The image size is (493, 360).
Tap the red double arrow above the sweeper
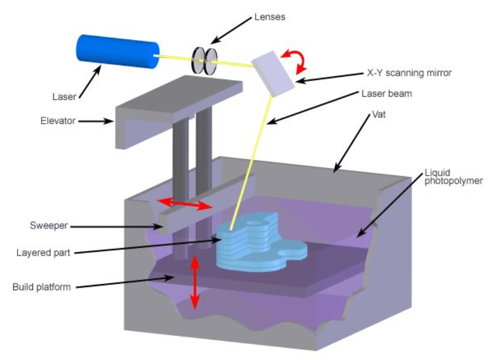(x=184, y=203)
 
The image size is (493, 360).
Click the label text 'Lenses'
(x=270, y=17)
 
